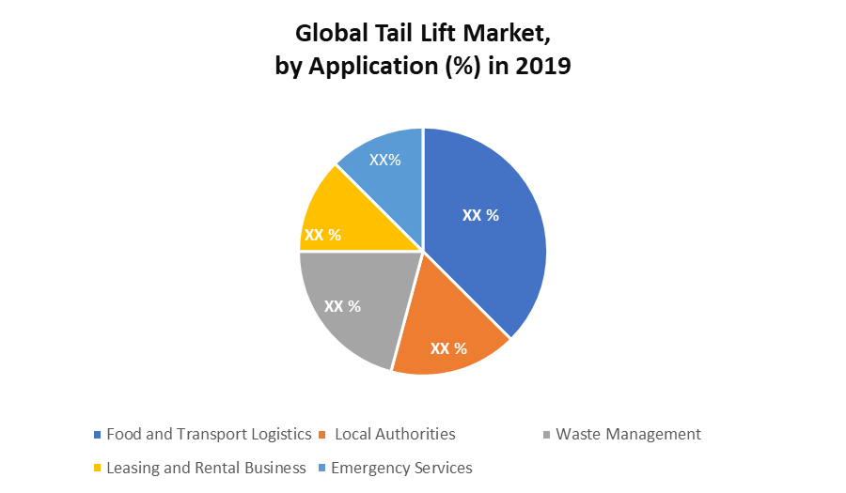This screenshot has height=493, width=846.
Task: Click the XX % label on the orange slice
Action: pos(448,348)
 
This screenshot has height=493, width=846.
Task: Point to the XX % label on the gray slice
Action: pos(342,306)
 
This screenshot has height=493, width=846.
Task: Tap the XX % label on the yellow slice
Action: pos(323,234)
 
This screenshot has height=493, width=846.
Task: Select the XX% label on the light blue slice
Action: pos(384,160)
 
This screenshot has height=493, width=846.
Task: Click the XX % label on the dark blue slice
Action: pos(480,215)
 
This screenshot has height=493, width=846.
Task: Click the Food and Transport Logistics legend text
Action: pos(209,434)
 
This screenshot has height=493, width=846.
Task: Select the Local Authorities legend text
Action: pos(395,434)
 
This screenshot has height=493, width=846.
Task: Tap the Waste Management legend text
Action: pos(628,434)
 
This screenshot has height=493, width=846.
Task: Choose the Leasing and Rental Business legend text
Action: pos(206,468)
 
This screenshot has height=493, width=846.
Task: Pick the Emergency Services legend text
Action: pos(401,468)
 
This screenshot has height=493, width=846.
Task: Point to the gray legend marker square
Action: pos(547,435)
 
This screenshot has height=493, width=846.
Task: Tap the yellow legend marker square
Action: pos(98,469)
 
